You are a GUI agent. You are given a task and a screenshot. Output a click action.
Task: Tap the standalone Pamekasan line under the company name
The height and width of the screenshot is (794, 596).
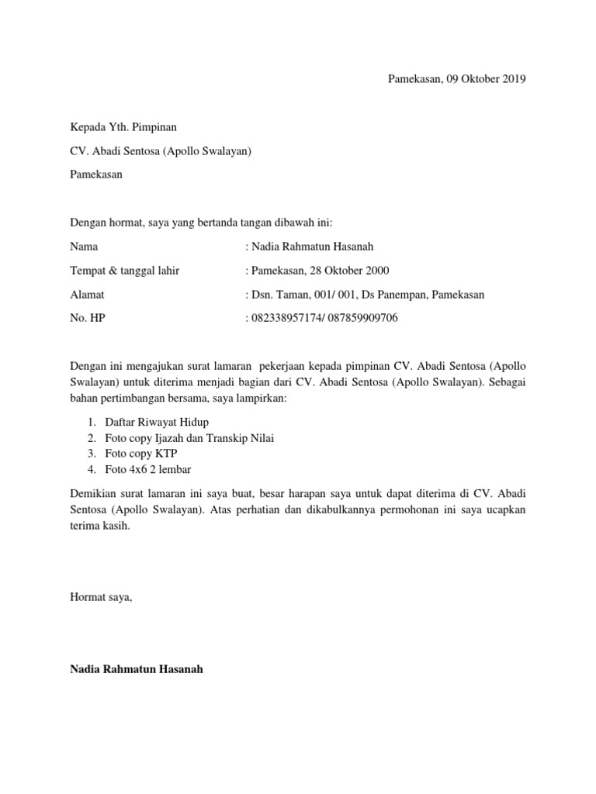(x=96, y=174)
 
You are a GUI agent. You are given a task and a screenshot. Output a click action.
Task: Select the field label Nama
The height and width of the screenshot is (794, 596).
(x=85, y=247)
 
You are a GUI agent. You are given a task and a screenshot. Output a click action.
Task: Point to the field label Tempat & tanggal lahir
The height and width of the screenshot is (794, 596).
(x=124, y=271)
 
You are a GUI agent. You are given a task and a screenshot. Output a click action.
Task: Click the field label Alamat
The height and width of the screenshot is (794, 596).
(x=87, y=295)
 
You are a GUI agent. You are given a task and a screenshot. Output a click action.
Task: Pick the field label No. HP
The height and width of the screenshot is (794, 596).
(x=87, y=319)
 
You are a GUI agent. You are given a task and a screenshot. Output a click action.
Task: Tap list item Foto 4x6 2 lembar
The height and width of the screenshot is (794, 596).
(x=147, y=470)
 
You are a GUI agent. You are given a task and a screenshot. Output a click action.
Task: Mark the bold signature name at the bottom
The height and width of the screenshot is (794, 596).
(x=137, y=669)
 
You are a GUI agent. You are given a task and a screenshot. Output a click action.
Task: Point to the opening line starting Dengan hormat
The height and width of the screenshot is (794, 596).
(x=201, y=223)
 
